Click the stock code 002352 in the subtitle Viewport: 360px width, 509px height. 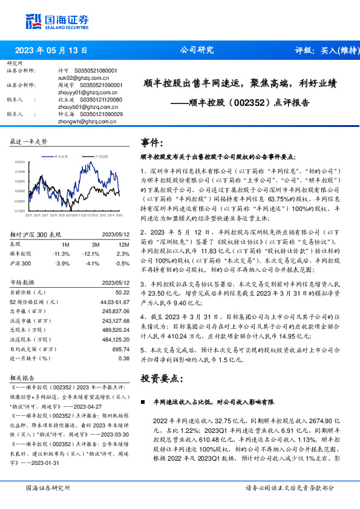(249, 103)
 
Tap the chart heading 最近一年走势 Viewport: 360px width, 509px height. (28, 141)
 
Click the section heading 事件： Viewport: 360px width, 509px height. (152, 143)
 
